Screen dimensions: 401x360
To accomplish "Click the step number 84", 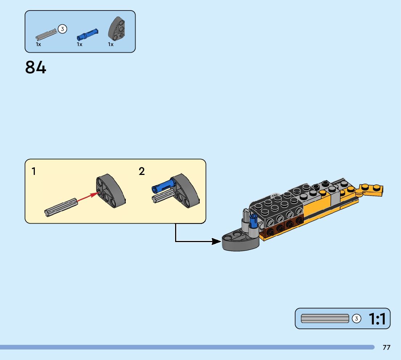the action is [x=36, y=67].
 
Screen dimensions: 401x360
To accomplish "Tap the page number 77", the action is [x=386, y=347].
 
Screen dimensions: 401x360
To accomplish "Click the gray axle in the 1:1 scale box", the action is [x=325, y=319].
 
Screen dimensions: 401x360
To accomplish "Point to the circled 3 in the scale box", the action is [x=357, y=319].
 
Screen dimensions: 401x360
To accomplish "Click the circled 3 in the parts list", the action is [x=62, y=29].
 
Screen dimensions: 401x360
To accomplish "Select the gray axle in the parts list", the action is [x=46, y=34].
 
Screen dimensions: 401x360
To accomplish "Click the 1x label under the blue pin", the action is [x=79, y=44].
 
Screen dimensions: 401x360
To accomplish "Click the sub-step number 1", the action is [x=34, y=171].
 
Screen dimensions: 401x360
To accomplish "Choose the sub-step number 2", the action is [x=142, y=171].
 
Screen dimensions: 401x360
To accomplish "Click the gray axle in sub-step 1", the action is [x=61, y=207].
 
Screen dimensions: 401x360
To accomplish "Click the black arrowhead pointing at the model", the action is [x=217, y=241].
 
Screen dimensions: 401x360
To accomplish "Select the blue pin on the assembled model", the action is [x=252, y=222].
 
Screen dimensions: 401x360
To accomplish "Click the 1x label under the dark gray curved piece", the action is [x=111, y=44].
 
